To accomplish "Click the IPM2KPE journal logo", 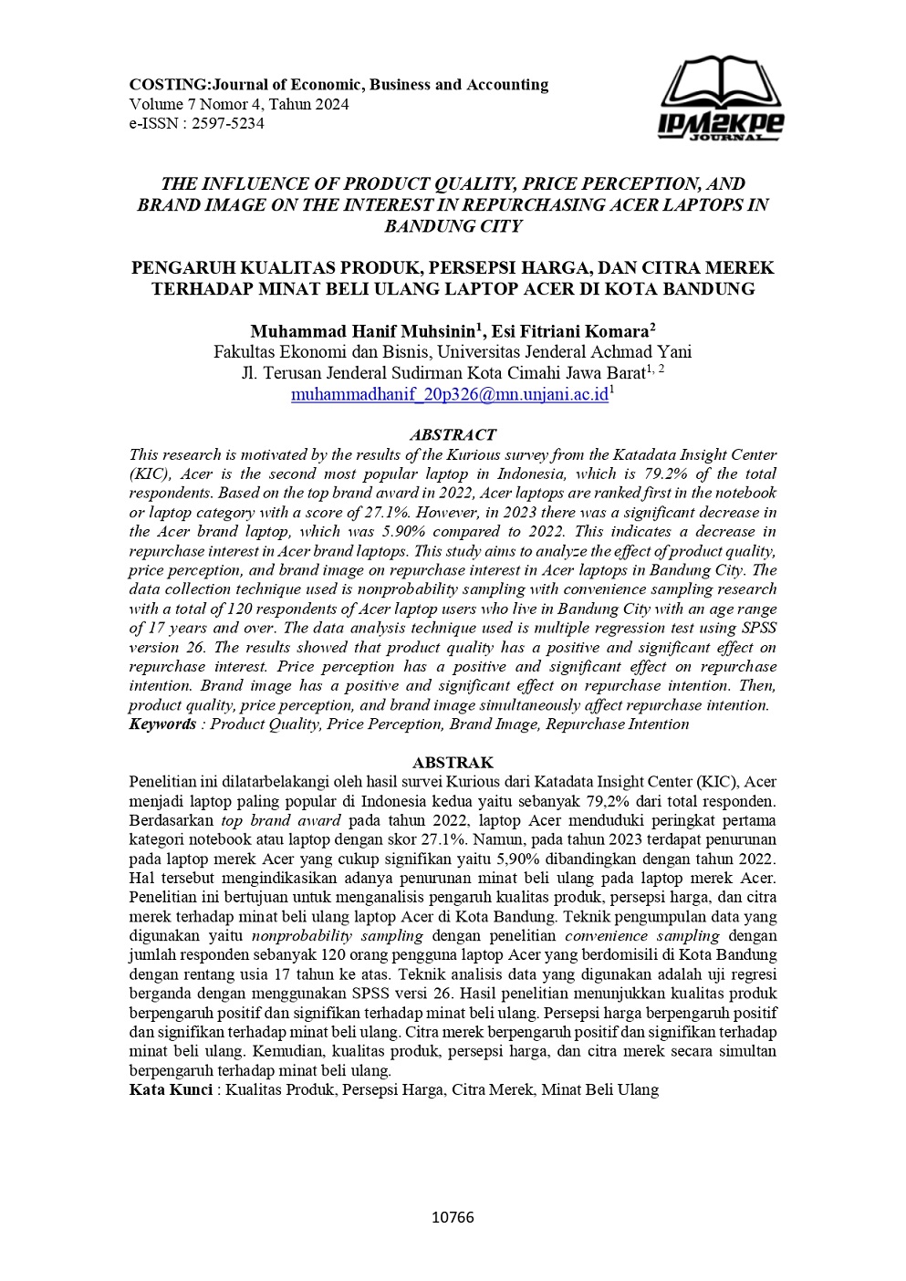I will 721,99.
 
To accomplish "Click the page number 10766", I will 453,1216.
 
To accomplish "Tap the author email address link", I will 449,394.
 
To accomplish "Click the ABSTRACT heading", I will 453,434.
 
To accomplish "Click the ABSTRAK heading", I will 453,762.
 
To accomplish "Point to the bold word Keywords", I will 162,724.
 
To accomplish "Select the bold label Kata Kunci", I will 171,1089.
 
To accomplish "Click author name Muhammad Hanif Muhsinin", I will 363,331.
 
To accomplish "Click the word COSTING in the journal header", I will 169,85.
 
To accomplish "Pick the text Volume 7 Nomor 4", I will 187,104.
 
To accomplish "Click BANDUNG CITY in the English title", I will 453,226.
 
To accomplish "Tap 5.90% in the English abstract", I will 486,531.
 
